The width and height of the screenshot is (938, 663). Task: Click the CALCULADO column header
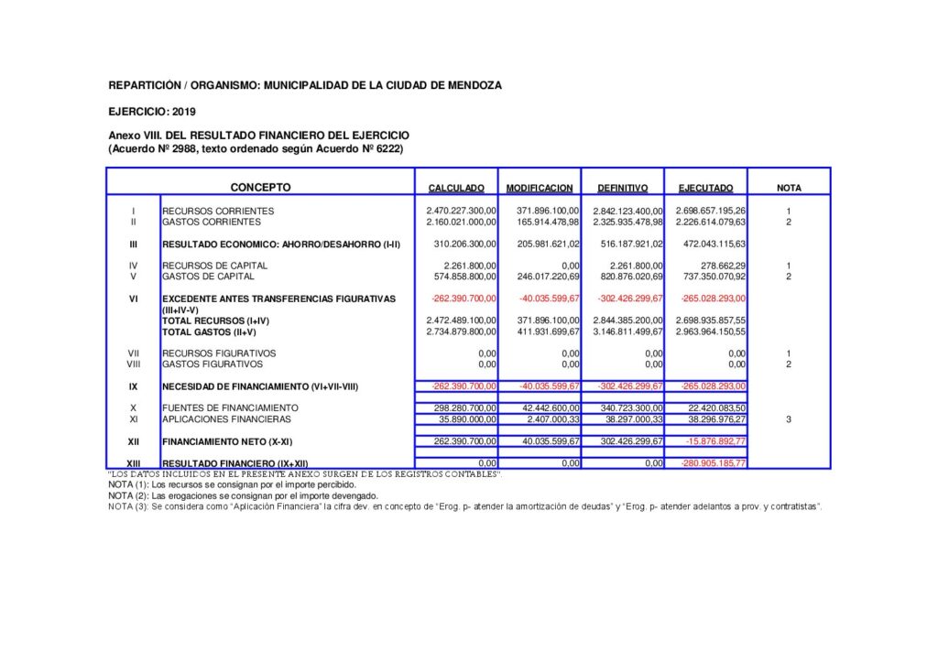pyautogui.click(x=456, y=189)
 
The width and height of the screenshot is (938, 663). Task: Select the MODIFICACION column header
pyautogui.click(x=540, y=189)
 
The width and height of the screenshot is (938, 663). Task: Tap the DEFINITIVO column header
pyautogui.click(x=622, y=189)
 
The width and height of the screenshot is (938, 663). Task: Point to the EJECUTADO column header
pyautogui.click(x=705, y=189)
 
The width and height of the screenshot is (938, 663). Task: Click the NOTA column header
pyautogui.click(x=789, y=189)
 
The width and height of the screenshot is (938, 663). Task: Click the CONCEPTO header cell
pyautogui.click(x=260, y=188)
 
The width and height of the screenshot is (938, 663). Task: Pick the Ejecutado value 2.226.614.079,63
pyautogui.click(x=711, y=223)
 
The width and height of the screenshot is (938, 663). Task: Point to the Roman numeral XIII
pyautogui.click(x=133, y=464)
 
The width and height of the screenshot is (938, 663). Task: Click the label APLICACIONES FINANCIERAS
pyautogui.click(x=226, y=419)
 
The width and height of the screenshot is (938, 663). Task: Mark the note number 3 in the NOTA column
pyautogui.click(x=788, y=419)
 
